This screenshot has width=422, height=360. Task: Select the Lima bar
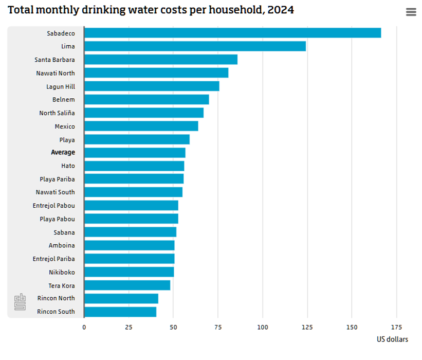click(x=195, y=46)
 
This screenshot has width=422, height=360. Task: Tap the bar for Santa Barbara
click(x=160, y=60)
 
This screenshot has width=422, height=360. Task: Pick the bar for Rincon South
click(x=120, y=312)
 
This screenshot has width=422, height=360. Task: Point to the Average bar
click(x=134, y=153)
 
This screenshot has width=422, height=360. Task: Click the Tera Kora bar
click(x=127, y=285)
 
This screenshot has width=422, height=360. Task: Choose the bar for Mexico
click(x=141, y=126)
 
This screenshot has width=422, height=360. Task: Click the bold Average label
click(x=63, y=152)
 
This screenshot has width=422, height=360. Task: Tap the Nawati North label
click(x=56, y=73)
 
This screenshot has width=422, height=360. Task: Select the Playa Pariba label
click(x=57, y=179)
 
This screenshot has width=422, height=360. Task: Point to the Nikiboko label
click(x=62, y=272)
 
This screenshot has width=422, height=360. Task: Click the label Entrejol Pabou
click(x=54, y=205)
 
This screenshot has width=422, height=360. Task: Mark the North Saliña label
click(x=57, y=113)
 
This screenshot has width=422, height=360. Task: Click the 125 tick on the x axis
click(x=307, y=327)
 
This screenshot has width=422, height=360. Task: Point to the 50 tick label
click(x=173, y=327)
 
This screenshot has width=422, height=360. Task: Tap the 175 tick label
click(x=396, y=327)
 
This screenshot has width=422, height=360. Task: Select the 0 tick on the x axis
click(x=84, y=327)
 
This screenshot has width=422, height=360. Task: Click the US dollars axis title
click(x=392, y=339)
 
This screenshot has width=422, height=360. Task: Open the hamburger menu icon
click(x=411, y=12)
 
